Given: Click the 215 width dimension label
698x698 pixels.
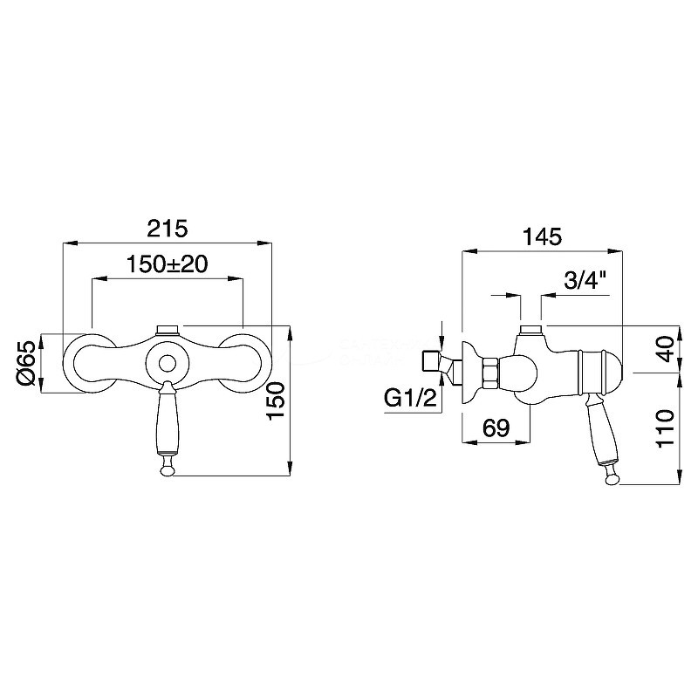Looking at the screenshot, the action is [168, 229].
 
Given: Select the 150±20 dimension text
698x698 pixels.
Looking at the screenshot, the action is [168, 264].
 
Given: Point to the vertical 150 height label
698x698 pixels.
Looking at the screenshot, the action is [276, 400].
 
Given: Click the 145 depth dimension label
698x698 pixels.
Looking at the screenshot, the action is [542, 236].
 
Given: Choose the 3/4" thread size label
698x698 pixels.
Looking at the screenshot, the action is [585, 281].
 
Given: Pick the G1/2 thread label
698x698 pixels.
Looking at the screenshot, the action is [410, 398].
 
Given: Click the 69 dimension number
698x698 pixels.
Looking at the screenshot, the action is [496, 428].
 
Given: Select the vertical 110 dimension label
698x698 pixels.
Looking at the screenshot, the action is [666, 428].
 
